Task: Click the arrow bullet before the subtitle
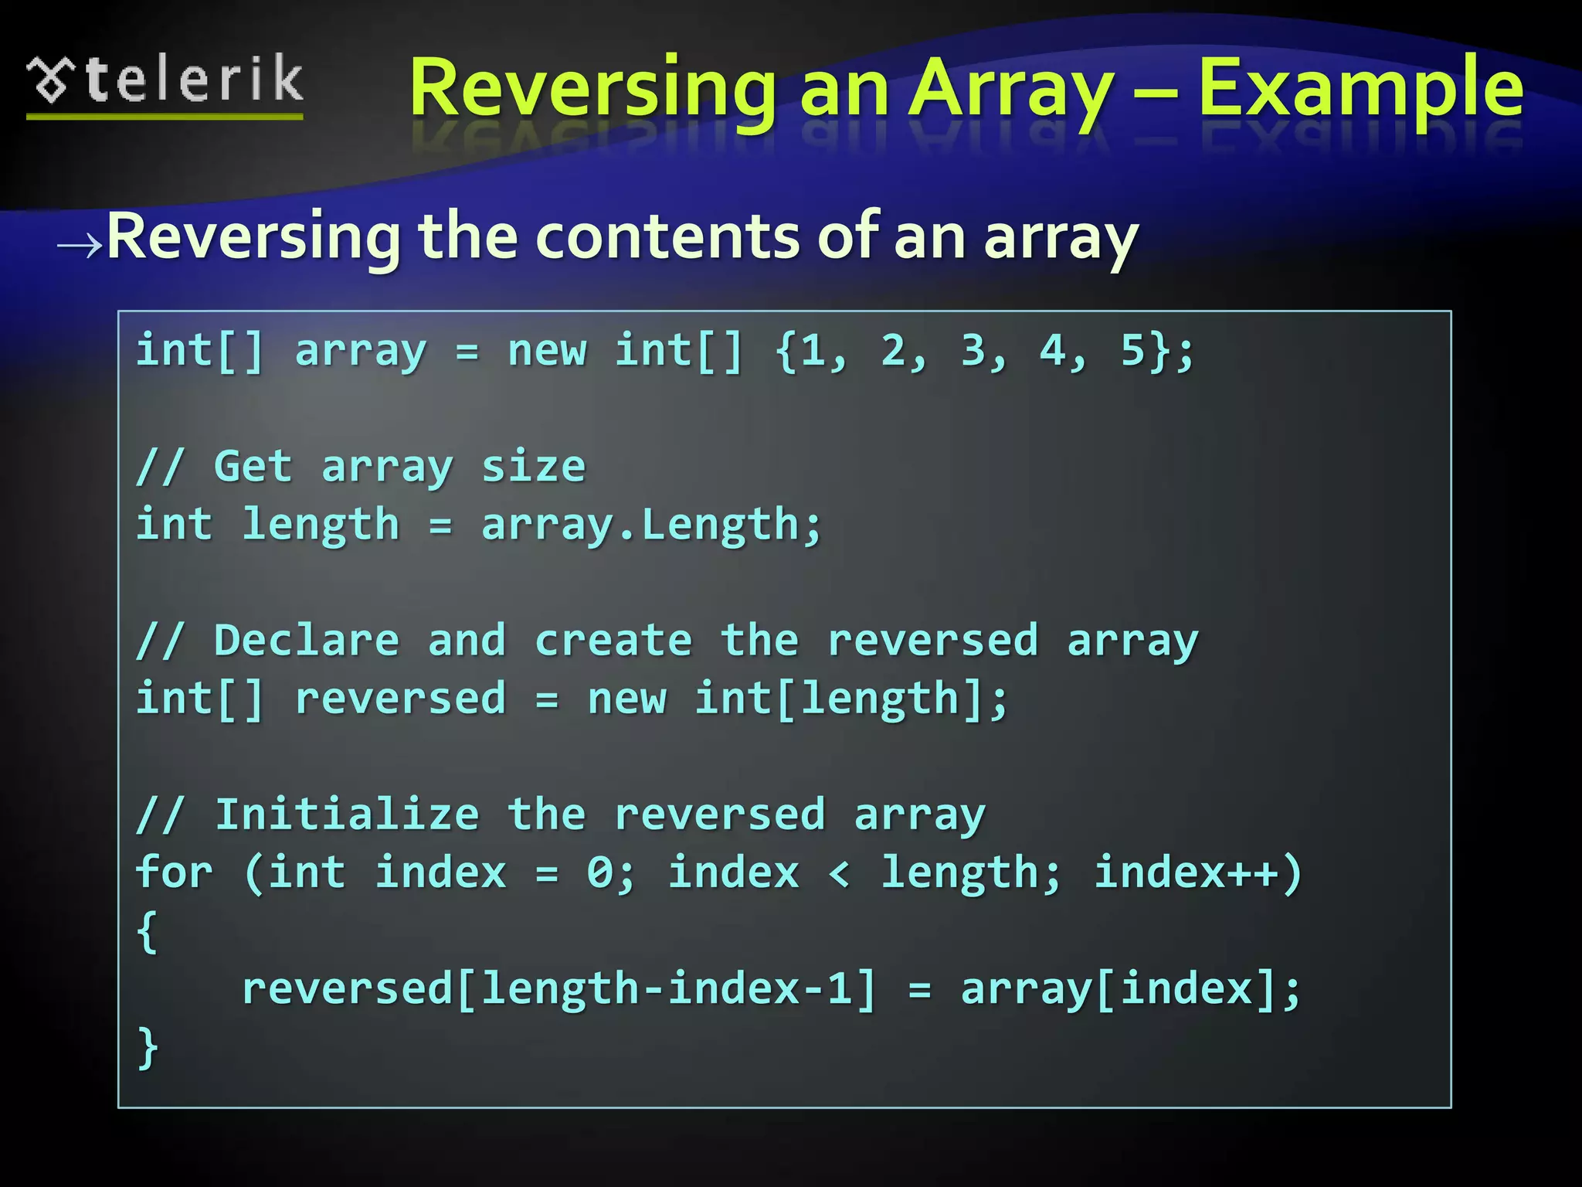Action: tap(80, 245)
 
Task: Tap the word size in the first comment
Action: tap(533, 467)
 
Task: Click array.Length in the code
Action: tap(650, 525)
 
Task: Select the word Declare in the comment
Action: tap(307, 641)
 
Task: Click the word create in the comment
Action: tap(613, 641)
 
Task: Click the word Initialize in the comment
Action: tap(347, 815)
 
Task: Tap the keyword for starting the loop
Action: tap(174, 873)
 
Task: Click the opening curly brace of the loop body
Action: tap(147, 932)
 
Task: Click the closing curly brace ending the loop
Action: tap(147, 1048)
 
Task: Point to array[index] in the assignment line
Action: tap(1119, 990)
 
